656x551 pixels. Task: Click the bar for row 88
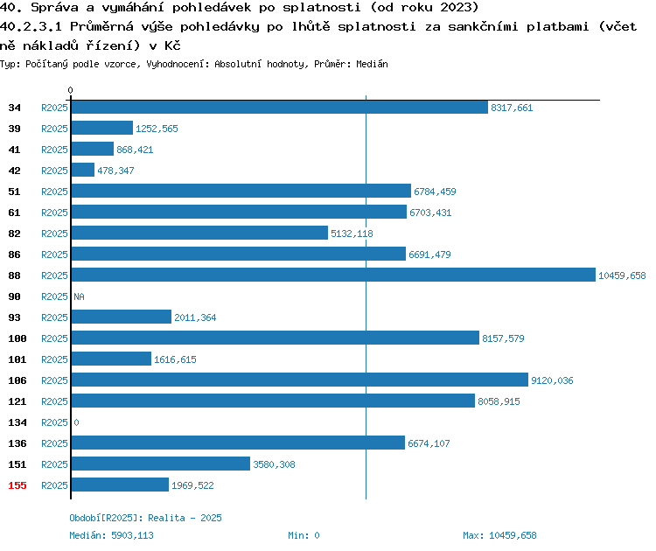point(333,275)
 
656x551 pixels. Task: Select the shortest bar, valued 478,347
point(83,170)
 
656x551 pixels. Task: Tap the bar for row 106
point(299,380)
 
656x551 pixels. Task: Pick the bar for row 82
point(199,233)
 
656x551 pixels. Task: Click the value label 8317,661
point(512,108)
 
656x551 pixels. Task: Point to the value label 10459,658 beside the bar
point(622,275)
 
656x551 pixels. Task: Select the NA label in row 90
point(79,296)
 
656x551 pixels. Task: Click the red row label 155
point(17,485)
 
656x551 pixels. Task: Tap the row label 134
point(17,422)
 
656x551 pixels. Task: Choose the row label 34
point(14,108)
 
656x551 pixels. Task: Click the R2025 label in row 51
point(54,192)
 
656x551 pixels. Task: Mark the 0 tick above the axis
point(70,90)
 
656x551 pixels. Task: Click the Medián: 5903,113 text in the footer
point(111,535)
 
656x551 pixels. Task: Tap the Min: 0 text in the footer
point(304,535)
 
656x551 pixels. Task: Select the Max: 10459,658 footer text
point(499,535)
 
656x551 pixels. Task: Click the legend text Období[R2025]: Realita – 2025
point(145,518)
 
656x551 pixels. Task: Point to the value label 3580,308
point(274,464)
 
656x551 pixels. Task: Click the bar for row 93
point(122,317)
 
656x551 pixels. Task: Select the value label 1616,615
point(175,359)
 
